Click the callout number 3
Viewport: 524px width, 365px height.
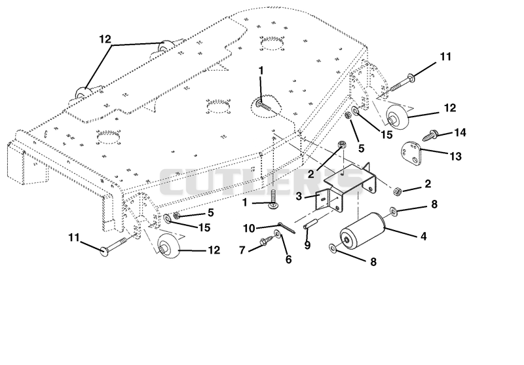pos(299,197)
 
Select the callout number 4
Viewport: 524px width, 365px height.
pos(423,237)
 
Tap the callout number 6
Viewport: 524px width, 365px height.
pos(288,259)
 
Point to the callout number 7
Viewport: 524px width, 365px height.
pos(242,250)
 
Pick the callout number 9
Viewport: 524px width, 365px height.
pos(307,245)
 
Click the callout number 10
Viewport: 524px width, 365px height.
pos(249,228)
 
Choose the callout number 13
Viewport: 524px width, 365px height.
pos(456,156)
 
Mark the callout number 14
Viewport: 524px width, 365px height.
pos(460,132)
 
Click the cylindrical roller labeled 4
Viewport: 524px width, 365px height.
pos(363,230)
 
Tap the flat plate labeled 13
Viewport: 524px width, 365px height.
pos(411,153)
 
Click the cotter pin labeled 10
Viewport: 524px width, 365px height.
pos(286,227)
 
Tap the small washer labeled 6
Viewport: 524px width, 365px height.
pos(278,233)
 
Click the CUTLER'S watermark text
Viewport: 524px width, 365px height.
pos(261,182)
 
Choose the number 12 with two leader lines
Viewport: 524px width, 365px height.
pos(105,39)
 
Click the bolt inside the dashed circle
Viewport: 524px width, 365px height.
pos(265,106)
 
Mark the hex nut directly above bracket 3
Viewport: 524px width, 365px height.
pos(341,145)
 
